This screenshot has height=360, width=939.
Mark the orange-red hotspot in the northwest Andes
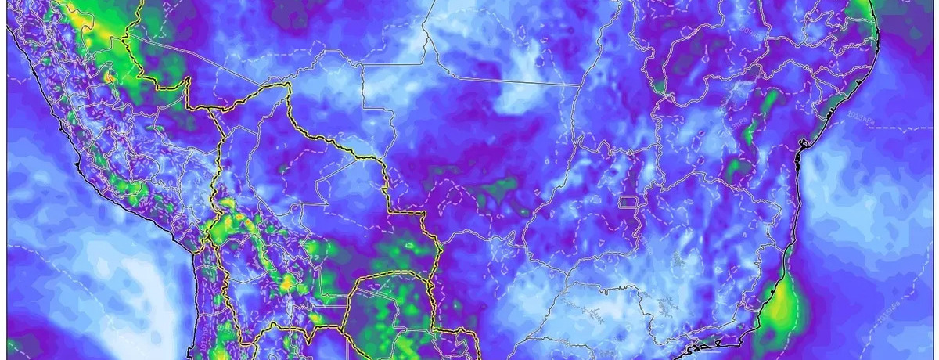point(108,77)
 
